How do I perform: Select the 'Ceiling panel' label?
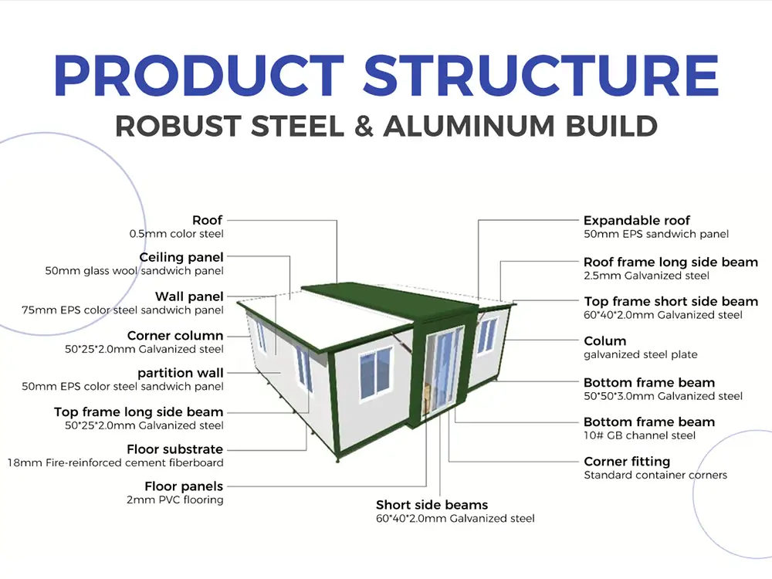click(x=181, y=257)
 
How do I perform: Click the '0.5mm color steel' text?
click(x=176, y=234)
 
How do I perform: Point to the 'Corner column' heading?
click(x=175, y=336)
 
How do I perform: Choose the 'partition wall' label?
click(x=181, y=374)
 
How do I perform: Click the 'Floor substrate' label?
click(x=174, y=449)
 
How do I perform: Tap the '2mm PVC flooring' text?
click(x=176, y=500)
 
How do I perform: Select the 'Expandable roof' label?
click(x=636, y=221)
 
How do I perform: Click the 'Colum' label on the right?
click(x=604, y=341)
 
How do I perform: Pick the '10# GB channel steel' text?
click(x=639, y=436)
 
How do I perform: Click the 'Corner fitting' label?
click(x=626, y=462)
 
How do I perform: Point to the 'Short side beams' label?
click(x=432, y=505)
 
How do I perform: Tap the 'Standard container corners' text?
click(x=655, y=476)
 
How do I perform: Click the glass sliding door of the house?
click(x=442, y=371)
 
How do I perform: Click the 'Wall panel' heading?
click(x=189, y=296)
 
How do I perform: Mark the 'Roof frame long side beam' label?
click(x=670, y=262)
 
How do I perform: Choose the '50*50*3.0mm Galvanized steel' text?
click(x=662, y=397)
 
